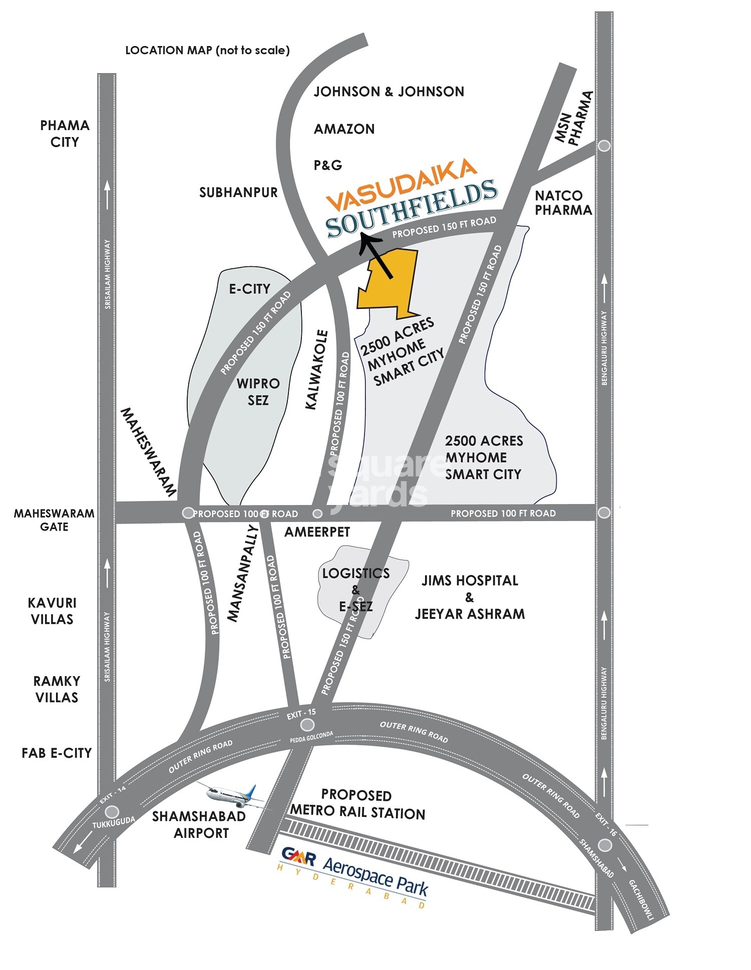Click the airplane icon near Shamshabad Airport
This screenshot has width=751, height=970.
[x=232, y=795]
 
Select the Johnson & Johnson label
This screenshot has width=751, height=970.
[x=389, y=92]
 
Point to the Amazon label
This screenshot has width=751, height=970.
[x=344, y=129]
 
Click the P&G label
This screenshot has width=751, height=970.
[x=328, y=165]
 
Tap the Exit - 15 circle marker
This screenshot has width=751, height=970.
[x=307, y=724]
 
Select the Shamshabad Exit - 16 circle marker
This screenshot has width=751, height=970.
[x=605, y=845]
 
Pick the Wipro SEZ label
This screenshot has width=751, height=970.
[x=258, y=392]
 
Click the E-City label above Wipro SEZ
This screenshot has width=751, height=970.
[x=249, y=289]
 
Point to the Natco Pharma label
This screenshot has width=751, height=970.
[x=563, y=203]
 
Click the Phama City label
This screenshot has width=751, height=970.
[x=65, y=134]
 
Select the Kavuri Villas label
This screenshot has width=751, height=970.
[x=52, y=611]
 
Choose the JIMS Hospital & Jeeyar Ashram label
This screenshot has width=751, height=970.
[x=470, y=597]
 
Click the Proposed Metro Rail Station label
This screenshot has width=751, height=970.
[x=357, y=804]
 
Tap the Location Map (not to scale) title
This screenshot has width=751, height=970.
[x=207, y=50]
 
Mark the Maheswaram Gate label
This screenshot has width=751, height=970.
[x=54, y=520]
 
